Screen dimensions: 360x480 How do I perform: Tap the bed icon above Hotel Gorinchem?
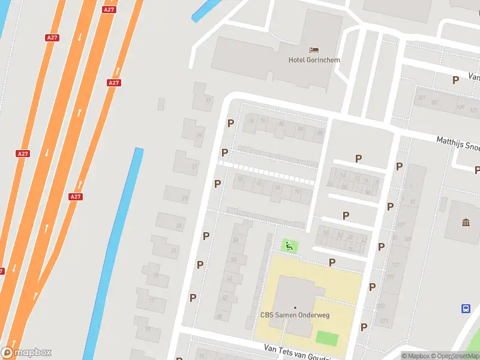314,49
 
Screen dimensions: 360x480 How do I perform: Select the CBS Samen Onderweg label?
295,316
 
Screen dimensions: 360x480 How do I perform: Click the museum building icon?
466,224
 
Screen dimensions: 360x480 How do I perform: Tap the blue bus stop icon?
466,309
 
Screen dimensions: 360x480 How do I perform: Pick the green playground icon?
289,245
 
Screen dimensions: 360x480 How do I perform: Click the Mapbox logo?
26,353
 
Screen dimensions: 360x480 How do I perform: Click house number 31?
208,100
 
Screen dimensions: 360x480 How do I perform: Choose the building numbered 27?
194,166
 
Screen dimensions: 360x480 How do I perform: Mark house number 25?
185,197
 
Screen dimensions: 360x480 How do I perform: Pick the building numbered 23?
178,226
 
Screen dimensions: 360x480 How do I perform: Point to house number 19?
155,275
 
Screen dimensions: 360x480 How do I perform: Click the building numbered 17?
152,300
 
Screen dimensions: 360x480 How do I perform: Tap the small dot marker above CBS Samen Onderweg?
295,308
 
